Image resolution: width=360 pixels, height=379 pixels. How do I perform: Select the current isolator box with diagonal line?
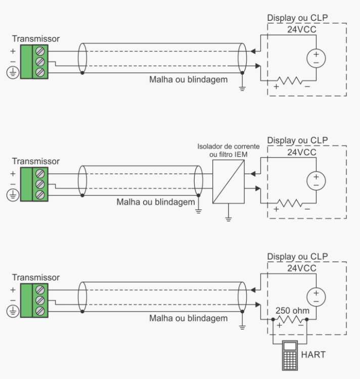pos(229,182)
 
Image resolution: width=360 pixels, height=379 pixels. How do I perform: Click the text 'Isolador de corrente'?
pos(228,146)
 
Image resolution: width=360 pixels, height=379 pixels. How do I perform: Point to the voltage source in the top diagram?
pos(316,58)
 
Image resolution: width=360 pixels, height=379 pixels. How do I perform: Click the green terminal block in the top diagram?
pos(40,62)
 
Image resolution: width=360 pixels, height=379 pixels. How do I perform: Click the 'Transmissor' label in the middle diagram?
pos(36,161)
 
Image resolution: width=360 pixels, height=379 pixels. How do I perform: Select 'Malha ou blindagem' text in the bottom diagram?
pos(188,318)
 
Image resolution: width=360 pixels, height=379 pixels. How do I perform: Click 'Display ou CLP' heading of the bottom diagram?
pos(297,256)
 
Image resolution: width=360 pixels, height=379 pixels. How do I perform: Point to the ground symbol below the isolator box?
pos(229,218)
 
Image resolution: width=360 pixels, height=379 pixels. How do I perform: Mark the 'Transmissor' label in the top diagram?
pos(36,38)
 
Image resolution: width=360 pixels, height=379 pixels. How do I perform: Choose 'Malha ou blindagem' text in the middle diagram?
pos(156,202)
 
